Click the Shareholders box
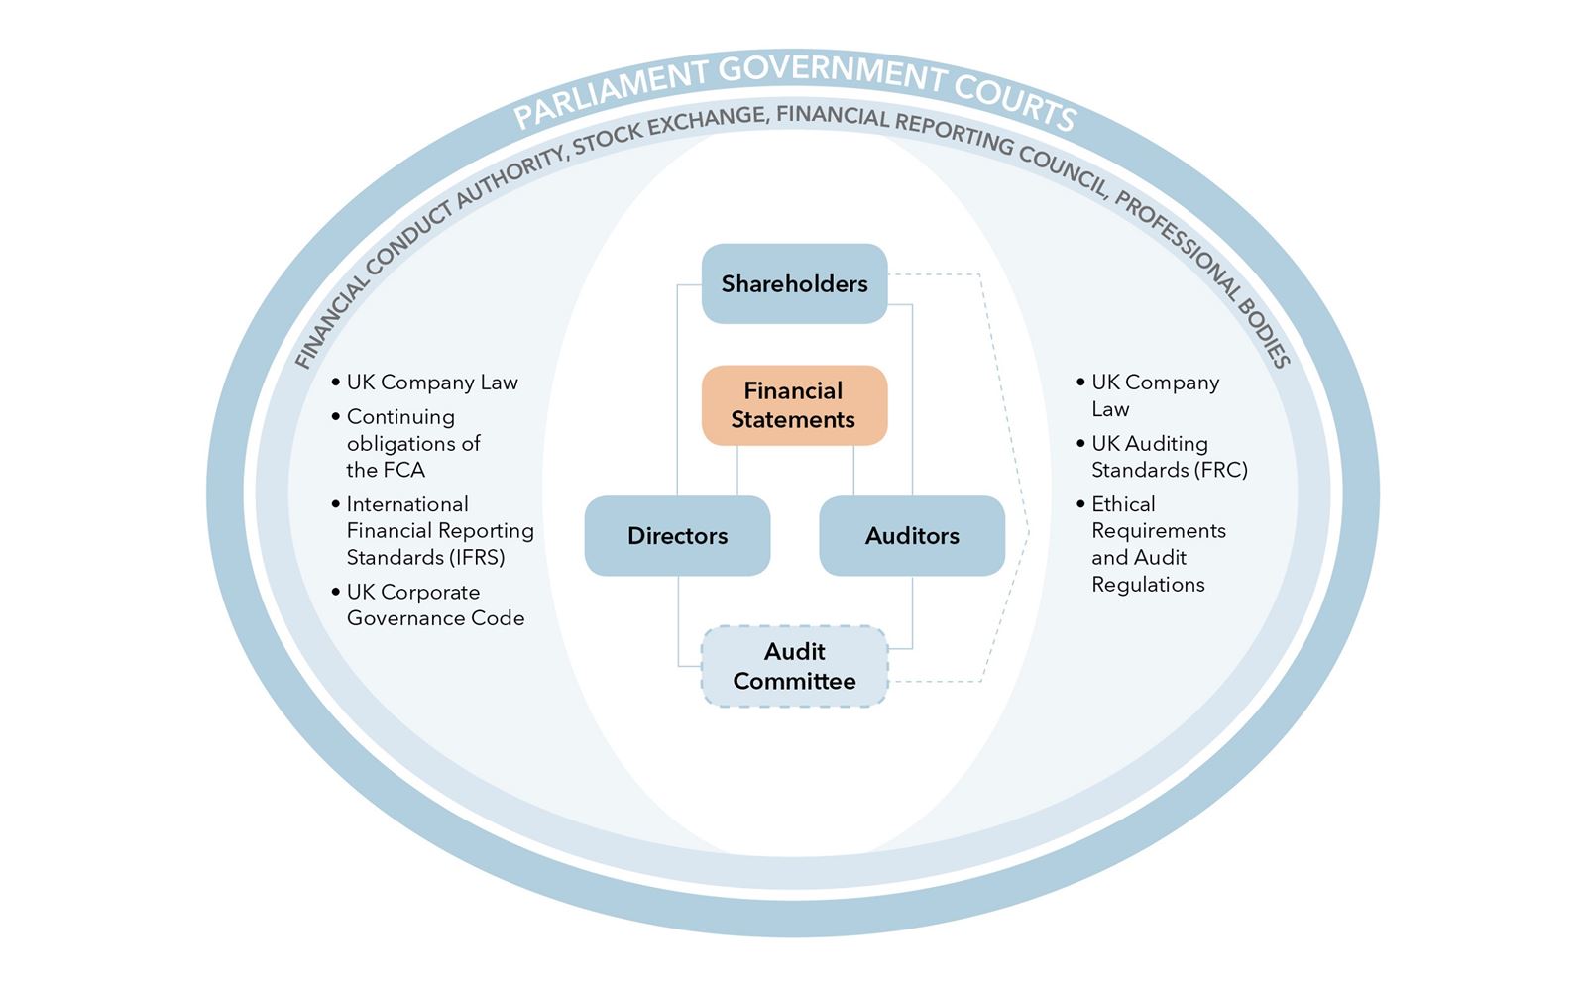tap(794, 283)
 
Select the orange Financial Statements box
tap(794, 405)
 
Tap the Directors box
tap(677, 536)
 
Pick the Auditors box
tap(912, 536)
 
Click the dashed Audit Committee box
tap(794, 666)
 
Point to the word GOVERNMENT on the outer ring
tap(833, 74)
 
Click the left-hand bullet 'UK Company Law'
tap(432, 383)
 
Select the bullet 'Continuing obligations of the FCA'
tap(412, 443)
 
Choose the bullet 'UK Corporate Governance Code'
tap(435, 605)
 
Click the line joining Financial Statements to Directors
tap(736, 471)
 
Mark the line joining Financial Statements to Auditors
tap(853, 471)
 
